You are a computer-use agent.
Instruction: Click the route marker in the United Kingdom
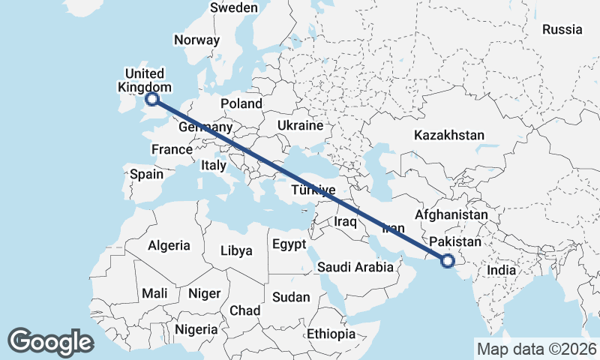(x=152, y=98)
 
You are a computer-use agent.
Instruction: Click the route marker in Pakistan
(x=448, y=261)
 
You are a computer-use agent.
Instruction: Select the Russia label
(x=562, y=30)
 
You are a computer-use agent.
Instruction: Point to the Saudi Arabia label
(x=355, y=267)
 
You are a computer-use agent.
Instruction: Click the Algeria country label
(x=169, y=245)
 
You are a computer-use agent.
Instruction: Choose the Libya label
(x=236, y=251)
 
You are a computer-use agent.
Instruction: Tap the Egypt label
(x=289, y=244)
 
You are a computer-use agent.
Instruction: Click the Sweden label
(x=234, y=7)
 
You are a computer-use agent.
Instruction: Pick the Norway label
(x=196, y=40)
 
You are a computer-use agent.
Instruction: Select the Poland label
(x=241, y=103)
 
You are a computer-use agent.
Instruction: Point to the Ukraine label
(x=300, y=125)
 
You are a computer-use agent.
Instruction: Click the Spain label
(x=146, y=174)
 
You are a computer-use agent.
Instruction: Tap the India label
(x=501, y=270)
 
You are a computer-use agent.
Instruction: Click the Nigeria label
(x=196, y=329)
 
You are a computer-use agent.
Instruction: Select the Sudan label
(x=291, y=297)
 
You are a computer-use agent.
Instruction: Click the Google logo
(x=50, y=342)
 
